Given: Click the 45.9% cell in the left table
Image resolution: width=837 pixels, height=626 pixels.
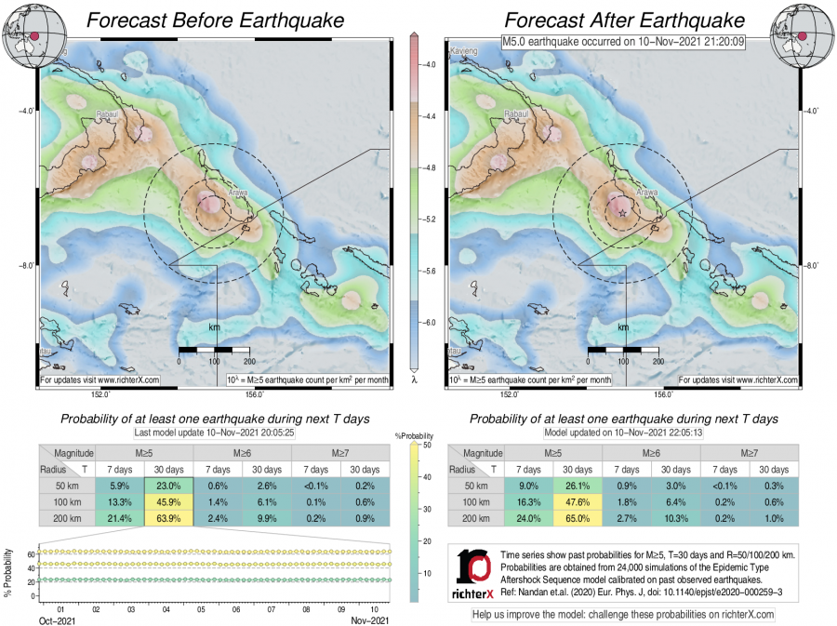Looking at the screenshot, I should click(x=167, y=501).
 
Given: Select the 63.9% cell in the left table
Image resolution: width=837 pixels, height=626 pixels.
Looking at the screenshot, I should click(x=167, y=516).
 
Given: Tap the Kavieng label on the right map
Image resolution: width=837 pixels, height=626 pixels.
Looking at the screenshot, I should click(x=463, y=50).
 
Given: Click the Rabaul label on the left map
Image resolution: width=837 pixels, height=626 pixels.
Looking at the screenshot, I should click(x=108, y=115).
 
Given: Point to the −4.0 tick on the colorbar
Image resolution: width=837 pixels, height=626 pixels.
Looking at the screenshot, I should click(x=430, y=65).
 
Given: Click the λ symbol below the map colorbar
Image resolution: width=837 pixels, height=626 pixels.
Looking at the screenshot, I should click(x=414, y=380).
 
